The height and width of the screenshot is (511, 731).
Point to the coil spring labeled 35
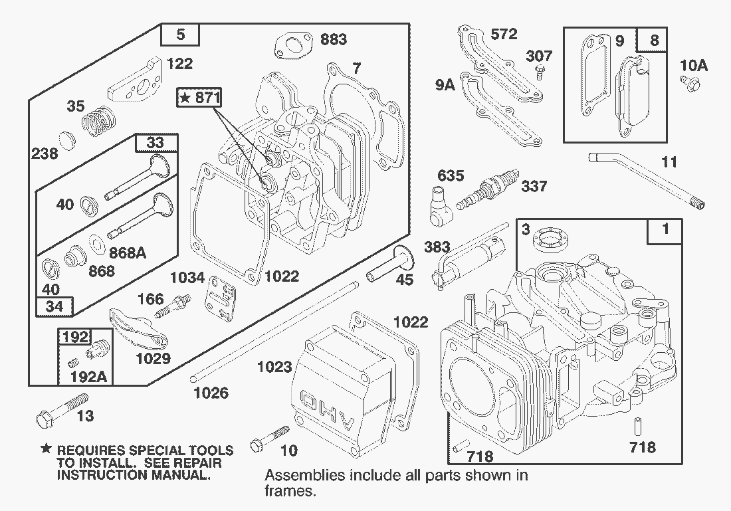click(x=98, y=120)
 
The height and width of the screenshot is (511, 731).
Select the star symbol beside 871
click(x=185, y=98)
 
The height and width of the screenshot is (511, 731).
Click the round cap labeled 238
click(x=64, y=141)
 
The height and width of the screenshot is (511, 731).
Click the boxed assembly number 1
click(x=665, y=231)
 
